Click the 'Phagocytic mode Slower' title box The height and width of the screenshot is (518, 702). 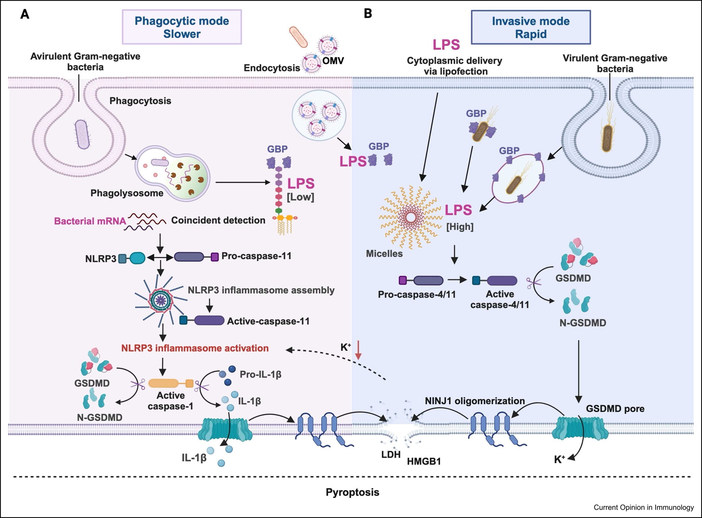(x=182, y=27)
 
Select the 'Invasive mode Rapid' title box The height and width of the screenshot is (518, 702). (x=530, y=27)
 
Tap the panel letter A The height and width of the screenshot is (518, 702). (x=25, y=14)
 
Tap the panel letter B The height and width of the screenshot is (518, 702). (x=368, y=14)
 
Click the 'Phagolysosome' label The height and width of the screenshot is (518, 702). (x=127, y=193)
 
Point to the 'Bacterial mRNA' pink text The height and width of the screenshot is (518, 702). (x=90, y=221)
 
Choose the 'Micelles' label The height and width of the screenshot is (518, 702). (x=384, y=254)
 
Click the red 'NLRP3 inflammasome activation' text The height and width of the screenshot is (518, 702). (x=195, y=348)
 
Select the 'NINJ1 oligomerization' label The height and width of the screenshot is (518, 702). (x=475, y=401)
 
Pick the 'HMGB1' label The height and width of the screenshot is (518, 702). (x=424, y=461)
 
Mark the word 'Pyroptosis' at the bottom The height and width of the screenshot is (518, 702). (x=352, y=492)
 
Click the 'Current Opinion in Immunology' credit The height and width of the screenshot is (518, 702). (x=644, y=507)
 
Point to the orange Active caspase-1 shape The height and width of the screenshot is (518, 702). (x=171, y=383)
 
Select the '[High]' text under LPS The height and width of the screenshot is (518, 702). (x=460, y=227)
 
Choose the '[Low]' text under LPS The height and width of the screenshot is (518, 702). (x=300, y=197)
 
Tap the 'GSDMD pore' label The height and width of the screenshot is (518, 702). (x=615, y=409)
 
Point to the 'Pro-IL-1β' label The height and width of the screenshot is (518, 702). (x=260, y=374)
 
